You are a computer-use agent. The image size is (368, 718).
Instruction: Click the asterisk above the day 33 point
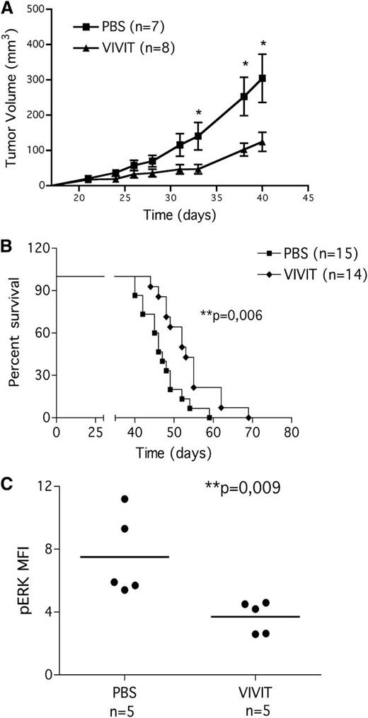click(x=199, y=113)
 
